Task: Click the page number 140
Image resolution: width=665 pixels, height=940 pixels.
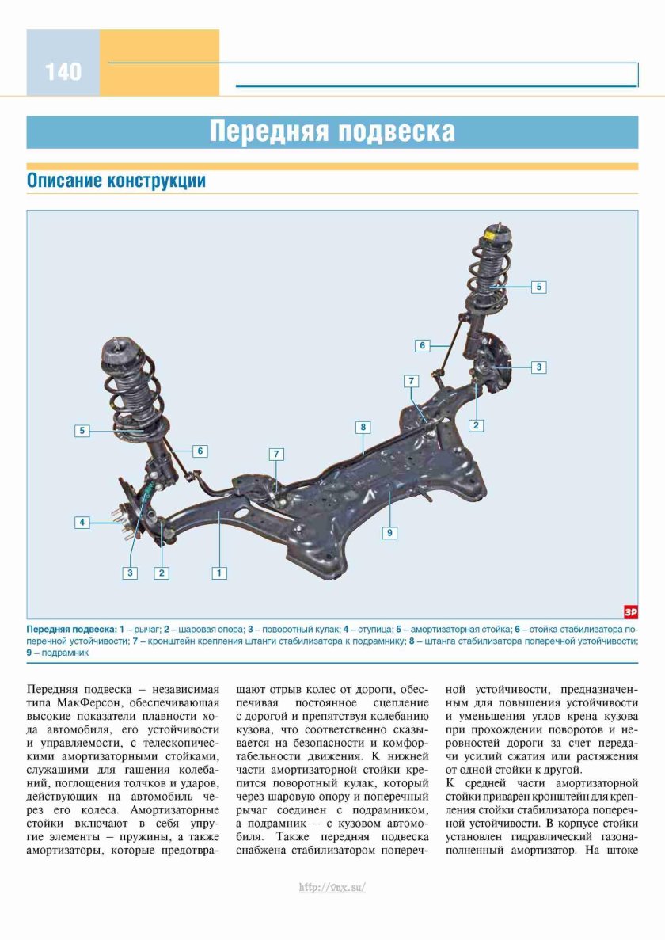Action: coord(63,72)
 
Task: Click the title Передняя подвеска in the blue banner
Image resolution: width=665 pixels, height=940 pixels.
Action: coord(332,131)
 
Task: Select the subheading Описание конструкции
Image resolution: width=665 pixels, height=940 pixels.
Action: coord(116,181)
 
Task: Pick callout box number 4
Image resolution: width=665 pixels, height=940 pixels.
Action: coord(82,522)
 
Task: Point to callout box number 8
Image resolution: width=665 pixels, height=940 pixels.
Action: coord(363,427)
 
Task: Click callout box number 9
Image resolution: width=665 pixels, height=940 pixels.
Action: coord(390,533)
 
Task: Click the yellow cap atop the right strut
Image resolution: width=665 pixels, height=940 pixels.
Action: coord(490,235)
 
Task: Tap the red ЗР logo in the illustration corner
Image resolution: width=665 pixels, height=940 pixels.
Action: coord(630,611)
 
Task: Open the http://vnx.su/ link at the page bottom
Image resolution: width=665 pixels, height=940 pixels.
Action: coord(332,888)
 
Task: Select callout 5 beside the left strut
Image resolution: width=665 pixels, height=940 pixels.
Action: coord(82,431)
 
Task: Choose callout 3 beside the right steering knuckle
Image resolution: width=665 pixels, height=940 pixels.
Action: coord(539,367)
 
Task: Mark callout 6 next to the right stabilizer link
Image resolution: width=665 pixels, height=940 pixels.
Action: coord(423,345)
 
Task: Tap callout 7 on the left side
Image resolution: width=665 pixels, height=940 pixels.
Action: coord(276,454)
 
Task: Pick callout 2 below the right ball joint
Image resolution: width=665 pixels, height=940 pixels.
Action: coord(476,425)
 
